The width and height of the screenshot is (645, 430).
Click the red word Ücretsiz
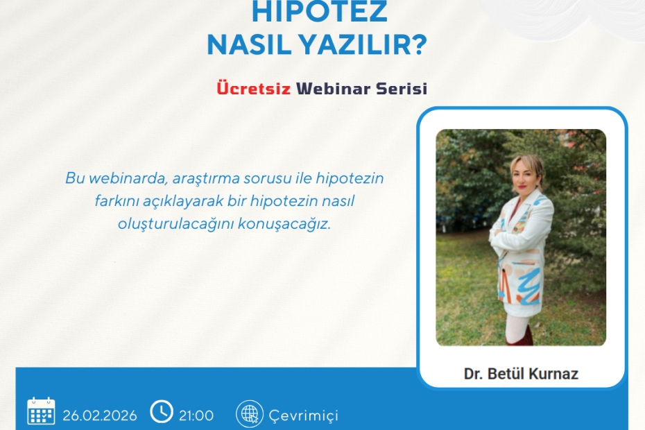253,89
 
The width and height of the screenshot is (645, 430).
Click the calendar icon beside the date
41,411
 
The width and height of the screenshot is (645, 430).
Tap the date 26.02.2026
100,415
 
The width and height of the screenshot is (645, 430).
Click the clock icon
162,411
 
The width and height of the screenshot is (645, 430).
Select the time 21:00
196,415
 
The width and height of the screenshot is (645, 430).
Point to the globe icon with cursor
249,413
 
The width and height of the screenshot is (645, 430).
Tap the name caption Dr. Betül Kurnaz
521,374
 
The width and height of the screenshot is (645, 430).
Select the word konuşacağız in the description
294,225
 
